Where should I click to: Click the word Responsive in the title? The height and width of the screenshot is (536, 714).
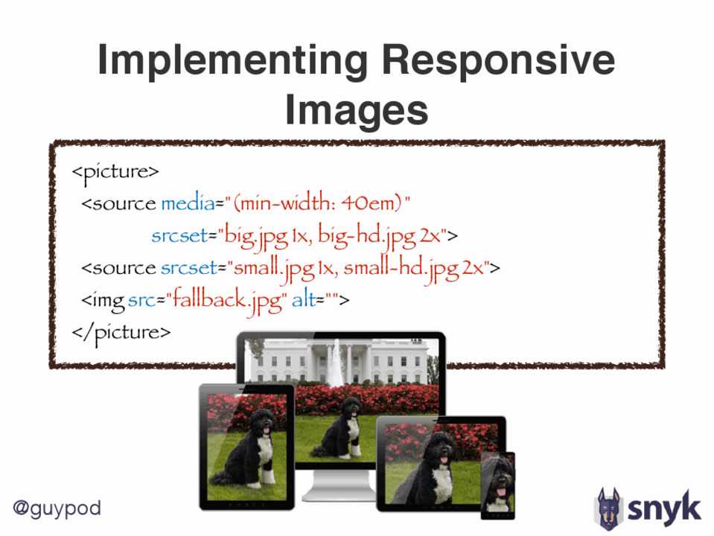tap(499, 60)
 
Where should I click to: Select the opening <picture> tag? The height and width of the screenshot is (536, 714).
tap(115, 173)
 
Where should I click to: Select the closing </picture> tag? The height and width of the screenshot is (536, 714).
tap(121, 333)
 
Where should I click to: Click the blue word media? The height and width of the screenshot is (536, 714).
tap(188, 202)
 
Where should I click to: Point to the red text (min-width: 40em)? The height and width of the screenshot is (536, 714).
tap(318, 202)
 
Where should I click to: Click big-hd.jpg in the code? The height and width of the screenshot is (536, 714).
tap(366, 237)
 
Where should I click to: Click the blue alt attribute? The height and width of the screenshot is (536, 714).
tap(304, 300)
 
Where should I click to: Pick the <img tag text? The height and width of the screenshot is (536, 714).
tap(103, 301)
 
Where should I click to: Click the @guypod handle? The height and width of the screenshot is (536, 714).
tap(57, 508)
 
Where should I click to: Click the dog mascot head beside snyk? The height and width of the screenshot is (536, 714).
tap(608, 508)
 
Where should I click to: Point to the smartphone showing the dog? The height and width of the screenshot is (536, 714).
tap(497, 485)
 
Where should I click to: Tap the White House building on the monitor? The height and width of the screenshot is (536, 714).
tap(337, 360)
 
